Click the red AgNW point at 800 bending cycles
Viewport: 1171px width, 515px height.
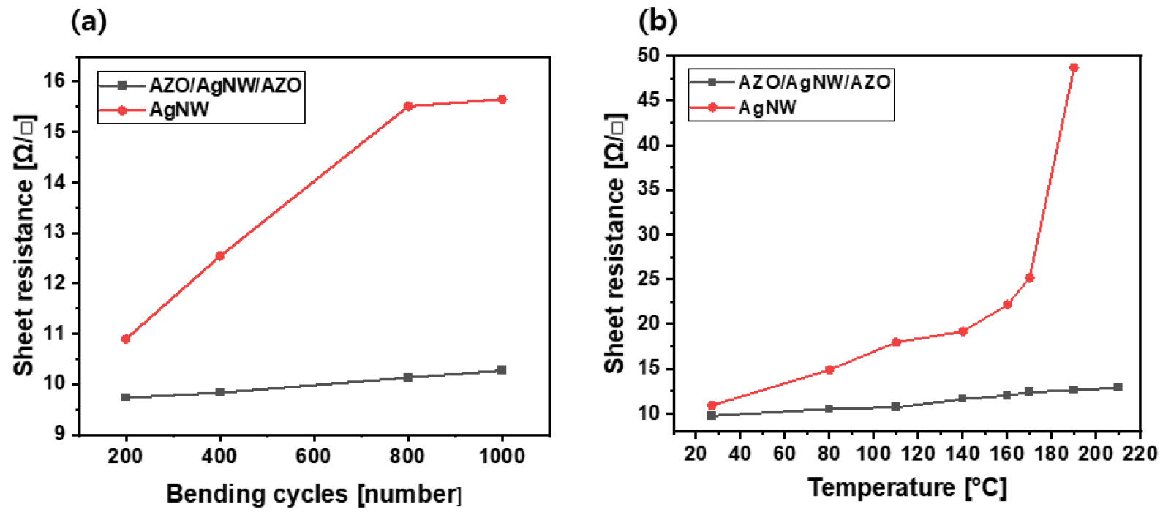pyautogui.click(x=408, y=106)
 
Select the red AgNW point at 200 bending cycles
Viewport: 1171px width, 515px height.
pyautogui.click(x=126, y=339)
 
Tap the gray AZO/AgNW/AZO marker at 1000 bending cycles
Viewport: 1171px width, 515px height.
pyautogui.click(x=502, y=370)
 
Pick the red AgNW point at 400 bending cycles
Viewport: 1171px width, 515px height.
pyautogui.click(x=219, y=255)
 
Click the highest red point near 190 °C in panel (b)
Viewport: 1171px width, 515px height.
pyautogui.click(x=1074, y=68)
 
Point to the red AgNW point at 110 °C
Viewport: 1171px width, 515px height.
pyautogui.click(x=895, y=342)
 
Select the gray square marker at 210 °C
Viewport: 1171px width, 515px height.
pyautogui.click(x=1118, y=387)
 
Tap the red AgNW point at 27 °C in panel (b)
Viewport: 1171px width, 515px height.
pyautogui.click(x=712, y=405)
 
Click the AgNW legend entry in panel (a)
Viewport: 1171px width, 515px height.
pyautogui.click(x=178, y=110)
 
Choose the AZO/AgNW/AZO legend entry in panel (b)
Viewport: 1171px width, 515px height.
pyautogui.click(x=813, y=82)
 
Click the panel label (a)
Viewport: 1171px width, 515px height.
pyautogui.click(x=89, y=22)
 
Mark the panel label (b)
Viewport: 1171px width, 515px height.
pyautogui.click(x=658, y=20)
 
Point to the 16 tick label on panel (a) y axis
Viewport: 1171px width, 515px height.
pyautogui.click(x=54, y=80)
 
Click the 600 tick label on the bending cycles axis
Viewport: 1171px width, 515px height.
pyautogui.click(x=313, y=456)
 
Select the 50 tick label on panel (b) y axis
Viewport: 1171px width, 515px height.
pyautogui.click(x=648, y=55)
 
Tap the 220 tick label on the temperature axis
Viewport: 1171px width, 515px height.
pyautogui.click(x=1140, y=454)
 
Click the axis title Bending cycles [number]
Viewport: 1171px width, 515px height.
pyautogui.click(x=314, y=494)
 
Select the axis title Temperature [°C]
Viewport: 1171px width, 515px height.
pyautogui.click(x=907, y=487)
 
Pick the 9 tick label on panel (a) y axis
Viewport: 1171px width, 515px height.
pyautogui.click(x=59, y=434)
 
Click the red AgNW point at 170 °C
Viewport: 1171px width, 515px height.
pyautogui.click(x=1029, y=278)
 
